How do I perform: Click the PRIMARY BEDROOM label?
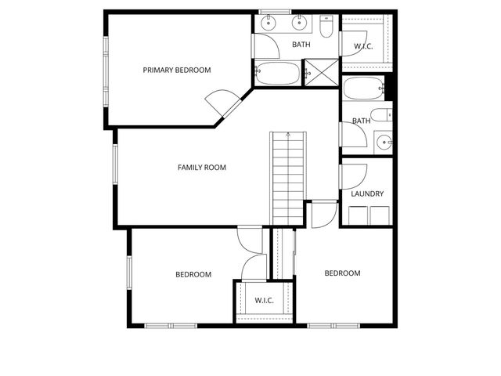pyautogui.click(x=177, y=70)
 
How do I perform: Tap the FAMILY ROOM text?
pyautogui.click(x=202, y=168)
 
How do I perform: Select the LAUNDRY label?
pyautogui.click(x=367, y=193)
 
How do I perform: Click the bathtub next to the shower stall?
pyautogui.click(x=278, y=74)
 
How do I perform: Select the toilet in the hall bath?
pyautogui.click(x=383, y=117)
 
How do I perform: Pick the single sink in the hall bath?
pyautogui.click(x=384, y=142)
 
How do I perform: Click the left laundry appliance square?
pyautogui.click(x=359, y=215)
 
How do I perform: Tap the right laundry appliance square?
pyautogui.click(x=380, y=215)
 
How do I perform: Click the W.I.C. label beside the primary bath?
pyautogui.click(x=363, y=46)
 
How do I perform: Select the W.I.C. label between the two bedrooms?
pyautogui.click(x=263, y=300)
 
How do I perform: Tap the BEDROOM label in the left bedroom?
pyautogui.click(x=193, y=274)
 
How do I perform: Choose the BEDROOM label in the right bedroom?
pyautogui.click(x=342, y=273)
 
